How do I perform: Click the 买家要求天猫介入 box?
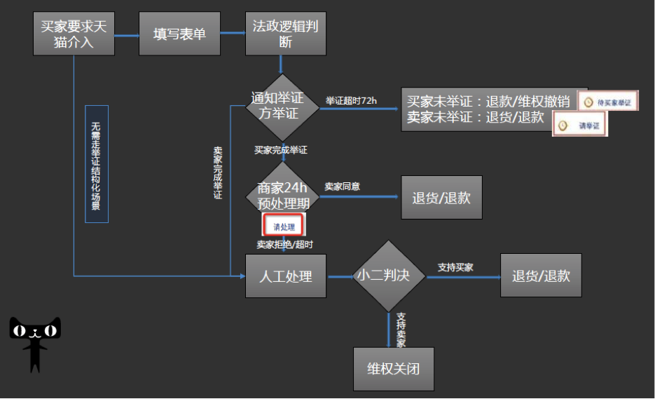tap(74, 34)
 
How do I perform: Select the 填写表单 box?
tap(179, 34)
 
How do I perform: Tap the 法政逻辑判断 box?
tap(285, 34)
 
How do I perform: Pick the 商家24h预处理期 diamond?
tap(282, 196)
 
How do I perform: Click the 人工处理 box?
tap(285, 276)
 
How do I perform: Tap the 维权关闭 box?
tap(393, 368)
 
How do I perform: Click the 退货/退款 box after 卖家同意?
tap(441, 197)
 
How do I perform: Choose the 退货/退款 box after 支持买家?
tap(541, 276)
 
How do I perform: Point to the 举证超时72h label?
tap(351, 101)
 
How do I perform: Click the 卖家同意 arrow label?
tap(342, 187)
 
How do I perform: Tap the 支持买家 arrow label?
tap(455, 267)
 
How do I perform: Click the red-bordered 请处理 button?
tap(284, 226)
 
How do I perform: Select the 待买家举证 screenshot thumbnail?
tap(608, 102)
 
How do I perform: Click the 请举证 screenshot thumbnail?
tap(579, 125)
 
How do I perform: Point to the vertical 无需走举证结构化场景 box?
tap(97, 164)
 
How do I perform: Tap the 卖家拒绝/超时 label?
tap(284, 244)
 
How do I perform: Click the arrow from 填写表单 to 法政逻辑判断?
tap(233, 34)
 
